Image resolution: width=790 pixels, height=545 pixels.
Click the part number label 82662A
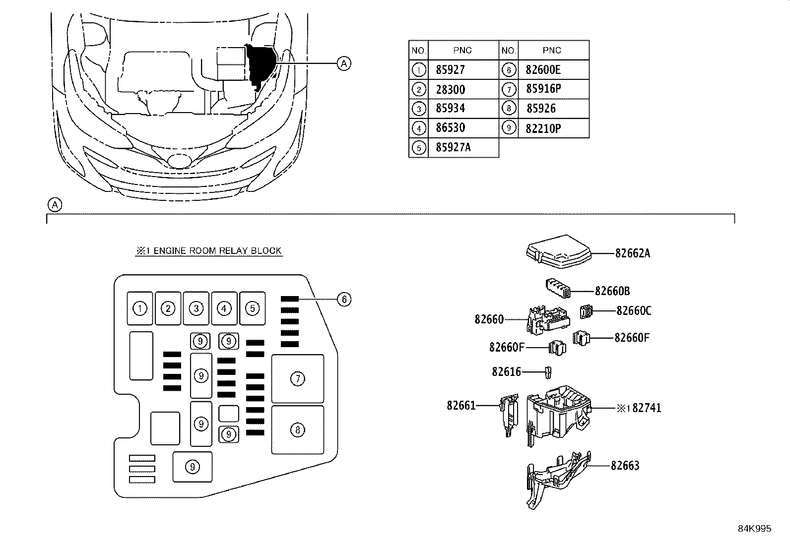(x=632, y=253)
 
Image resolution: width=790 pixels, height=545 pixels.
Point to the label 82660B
(x=612, y=291)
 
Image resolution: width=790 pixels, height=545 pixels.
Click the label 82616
(x=506, y=371)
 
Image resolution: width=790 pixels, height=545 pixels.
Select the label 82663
(x=625, y=466)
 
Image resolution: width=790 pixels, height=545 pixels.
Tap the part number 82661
(x=461, y=406)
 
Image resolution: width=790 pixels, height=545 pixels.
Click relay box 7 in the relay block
(x=297, y=379)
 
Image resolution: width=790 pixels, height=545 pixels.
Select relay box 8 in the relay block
(x=297, y=429)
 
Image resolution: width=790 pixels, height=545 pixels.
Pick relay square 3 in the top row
(x=196, y=308)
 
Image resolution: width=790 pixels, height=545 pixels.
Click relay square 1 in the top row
(x=140, y=308)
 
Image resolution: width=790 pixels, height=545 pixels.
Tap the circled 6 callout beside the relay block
(x=343, y=299)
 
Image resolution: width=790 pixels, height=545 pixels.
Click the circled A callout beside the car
(x=343, y=63)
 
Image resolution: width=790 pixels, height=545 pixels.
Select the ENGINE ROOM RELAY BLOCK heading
(x=209, y=251)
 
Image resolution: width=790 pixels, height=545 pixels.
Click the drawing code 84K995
(x=754, y=529)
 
